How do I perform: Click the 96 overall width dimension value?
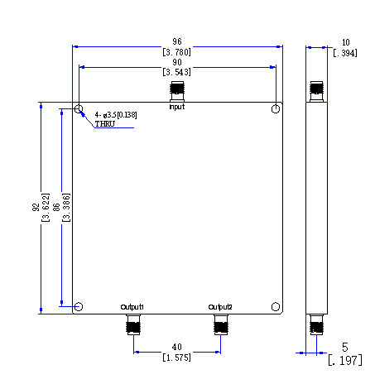[177, 41]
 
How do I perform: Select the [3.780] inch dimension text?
[176, 52]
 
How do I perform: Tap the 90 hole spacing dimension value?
[177, 62]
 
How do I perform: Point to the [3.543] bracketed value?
[176, 72]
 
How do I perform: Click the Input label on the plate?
[177, 107]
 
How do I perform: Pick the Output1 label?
[132, 307]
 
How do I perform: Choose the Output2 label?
[220, 307]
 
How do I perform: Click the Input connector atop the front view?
[177, 91]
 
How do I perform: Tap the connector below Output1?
[133, 324]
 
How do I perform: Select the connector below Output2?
[221, 324]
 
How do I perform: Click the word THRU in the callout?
[105, 124]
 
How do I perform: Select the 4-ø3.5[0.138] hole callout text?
[116, 115]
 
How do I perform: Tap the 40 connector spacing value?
[177, 347]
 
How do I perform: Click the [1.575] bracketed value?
[176, 358]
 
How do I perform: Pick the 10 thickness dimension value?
[346, 42]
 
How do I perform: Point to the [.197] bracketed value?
[345, 361]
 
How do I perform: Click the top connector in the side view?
[316, 91]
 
